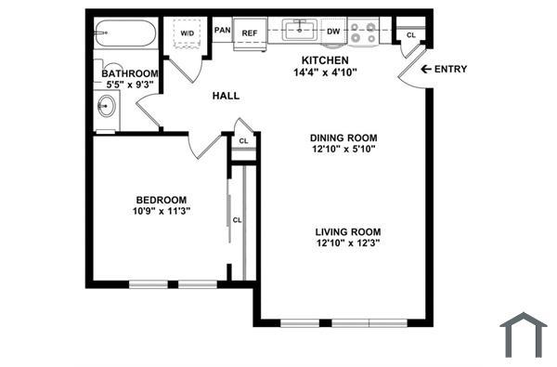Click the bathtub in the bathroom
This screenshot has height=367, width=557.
click(126, 36)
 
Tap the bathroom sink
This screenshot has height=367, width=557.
click(106, 107)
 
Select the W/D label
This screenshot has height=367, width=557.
click(188, 33)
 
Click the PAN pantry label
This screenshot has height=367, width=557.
click(222, 31)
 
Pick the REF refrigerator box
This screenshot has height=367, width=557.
click(250, 33)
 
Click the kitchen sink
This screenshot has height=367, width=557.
click(301, 31)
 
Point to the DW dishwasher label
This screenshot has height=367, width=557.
click(333, 32)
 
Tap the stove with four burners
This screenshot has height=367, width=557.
click(363, 33)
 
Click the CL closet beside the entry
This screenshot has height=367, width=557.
click(410, 34)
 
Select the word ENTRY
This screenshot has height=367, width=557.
click(451, 70)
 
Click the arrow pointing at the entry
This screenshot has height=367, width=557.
click(426, 70)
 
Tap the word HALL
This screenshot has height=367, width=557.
click(226, 96)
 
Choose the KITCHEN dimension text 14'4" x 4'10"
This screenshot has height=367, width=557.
click(325, 72)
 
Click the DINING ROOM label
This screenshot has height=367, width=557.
click(343, 138)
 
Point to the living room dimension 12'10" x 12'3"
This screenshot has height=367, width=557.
click(348, 243)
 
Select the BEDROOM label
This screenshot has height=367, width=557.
click(162, 200)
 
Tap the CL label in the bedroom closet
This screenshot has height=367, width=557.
click(238, 220)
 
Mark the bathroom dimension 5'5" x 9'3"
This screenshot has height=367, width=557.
click(129, 85)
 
